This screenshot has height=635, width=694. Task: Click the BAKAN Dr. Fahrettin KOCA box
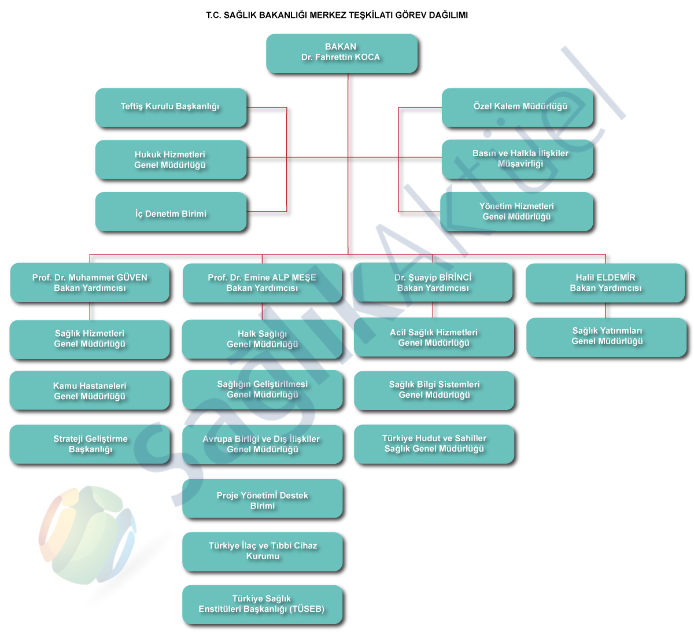pyautogui.click(x=341, y=53)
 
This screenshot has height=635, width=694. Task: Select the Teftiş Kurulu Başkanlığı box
pyautogui.click(x=170, y=107)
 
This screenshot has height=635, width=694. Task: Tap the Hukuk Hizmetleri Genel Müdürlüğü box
pyautogui.click(x=170, y=160)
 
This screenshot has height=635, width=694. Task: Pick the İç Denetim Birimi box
pyautogui.click(x=171, y=213)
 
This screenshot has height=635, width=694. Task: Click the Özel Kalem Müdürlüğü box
pyautogui.click(x=518, y=107)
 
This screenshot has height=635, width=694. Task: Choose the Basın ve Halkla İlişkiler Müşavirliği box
pyautogui.click(x=518, y=158)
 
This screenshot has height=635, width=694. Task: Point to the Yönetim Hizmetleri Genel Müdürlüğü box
pyautogui.click(x=516, y=212)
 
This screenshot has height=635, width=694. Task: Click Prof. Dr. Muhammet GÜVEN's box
pyautogui.click(x=90, y=283)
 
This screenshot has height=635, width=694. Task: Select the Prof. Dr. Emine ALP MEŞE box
pyautogui.click(x=262, y=283)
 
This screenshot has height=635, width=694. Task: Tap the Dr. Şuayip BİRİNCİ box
pyautogui.click(x=433, y=282)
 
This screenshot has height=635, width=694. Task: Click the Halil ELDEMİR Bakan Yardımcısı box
pyautogui.click(x=605, y=283)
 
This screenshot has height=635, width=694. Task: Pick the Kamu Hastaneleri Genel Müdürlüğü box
pyautogui.click(x=90, y=391)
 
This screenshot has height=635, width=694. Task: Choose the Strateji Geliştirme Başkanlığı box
pyautogui.click(x=90, y=444)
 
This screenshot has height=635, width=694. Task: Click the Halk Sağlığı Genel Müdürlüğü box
pyautogui.click(x=262, y=339)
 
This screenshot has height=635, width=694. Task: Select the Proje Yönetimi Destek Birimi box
pyautogui.click(x=262, y=500)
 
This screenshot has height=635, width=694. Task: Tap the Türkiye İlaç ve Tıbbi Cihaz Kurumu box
pyautogui.click(x=262, y=551)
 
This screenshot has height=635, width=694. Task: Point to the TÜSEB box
pyautogui.click(x=262, y=604)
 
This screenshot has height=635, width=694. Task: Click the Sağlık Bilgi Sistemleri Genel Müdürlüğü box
pyautogui.click(x=434, y=390)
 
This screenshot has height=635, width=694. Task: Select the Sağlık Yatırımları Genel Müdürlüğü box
pyautogui.click(x=606, y=336)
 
